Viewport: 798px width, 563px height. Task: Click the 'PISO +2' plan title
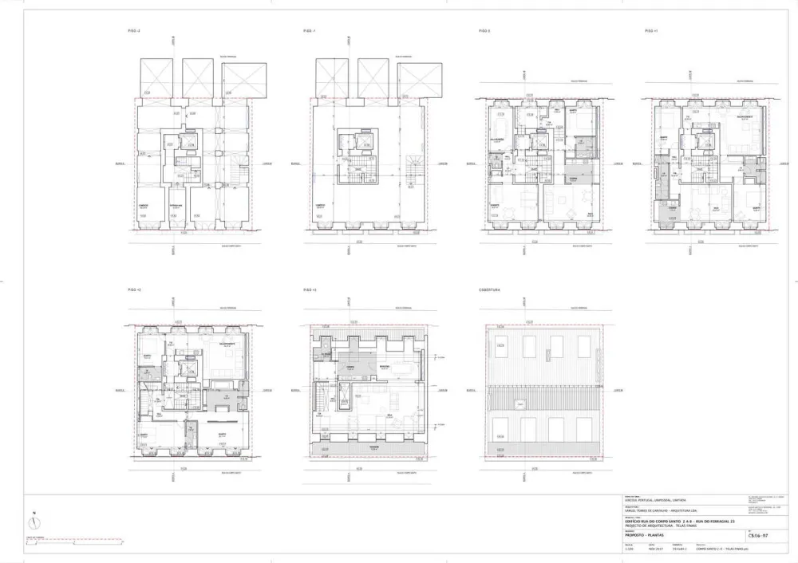[134, 289]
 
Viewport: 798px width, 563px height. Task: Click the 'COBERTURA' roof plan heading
[489, 289]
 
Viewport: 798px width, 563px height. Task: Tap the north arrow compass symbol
[31, 523]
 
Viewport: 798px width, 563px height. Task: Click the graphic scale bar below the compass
[72, 542]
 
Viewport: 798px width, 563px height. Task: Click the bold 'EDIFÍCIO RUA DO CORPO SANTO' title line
[678, 520]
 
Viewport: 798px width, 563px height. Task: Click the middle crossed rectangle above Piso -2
[197, 77]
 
